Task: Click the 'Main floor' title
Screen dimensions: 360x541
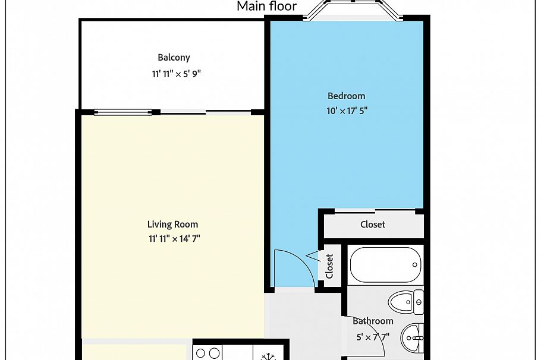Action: (266, 7)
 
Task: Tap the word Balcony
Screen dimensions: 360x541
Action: (174, 58)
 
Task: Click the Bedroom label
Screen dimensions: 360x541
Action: (346, 96)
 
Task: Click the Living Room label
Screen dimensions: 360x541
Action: (172, 224)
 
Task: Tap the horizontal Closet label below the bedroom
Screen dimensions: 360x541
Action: (373, 225)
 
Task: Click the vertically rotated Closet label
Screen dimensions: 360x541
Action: (329, 266)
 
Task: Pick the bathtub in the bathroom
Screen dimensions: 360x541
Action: (386, 264)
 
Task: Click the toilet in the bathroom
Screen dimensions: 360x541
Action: (407, 302)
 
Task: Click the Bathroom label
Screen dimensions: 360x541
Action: (373, 321)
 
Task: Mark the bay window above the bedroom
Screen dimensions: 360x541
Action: (354, 10)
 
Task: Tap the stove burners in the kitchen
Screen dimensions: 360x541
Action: (207, 353)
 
